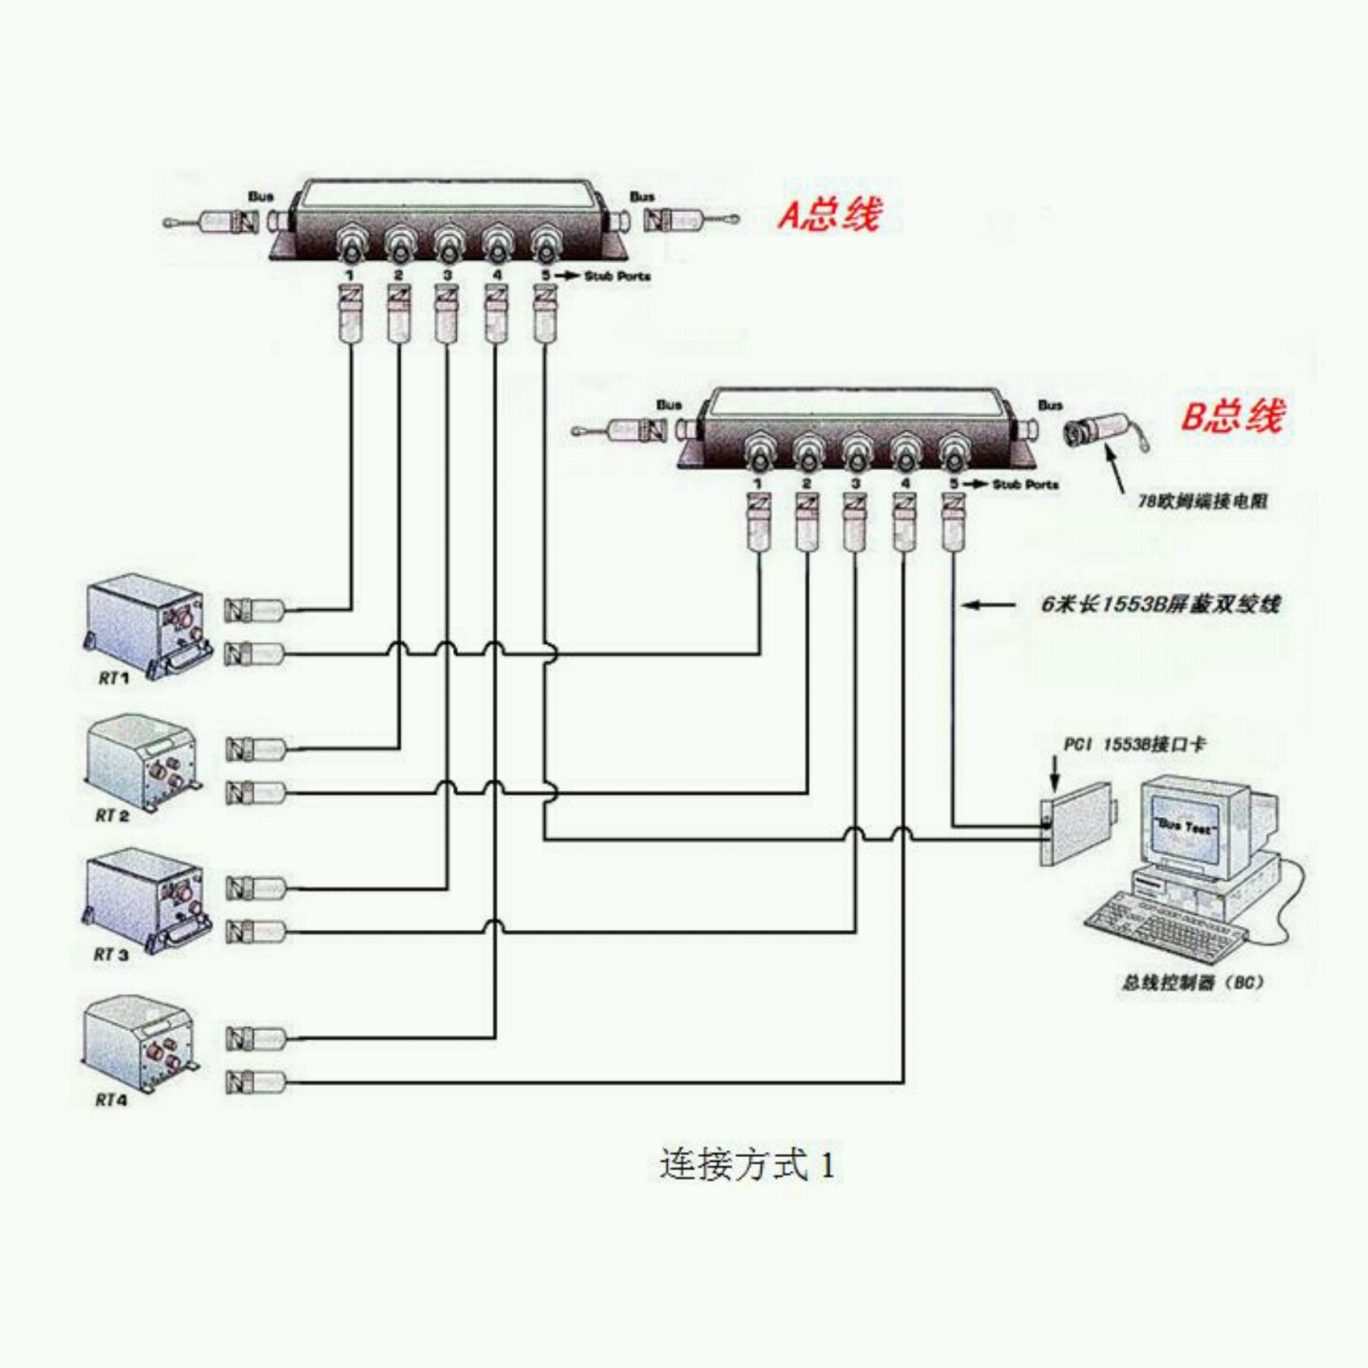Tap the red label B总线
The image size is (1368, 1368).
[x=1232, y=416]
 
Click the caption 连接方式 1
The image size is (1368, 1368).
[x=747, y=1165]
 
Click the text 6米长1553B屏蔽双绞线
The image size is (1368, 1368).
[x=1160, y=603]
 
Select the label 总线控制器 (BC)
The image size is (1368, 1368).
[x=1193, y=982]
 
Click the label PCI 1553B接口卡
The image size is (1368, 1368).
[x=1134, y=744]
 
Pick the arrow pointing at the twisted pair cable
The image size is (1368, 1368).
[x=988, y=603]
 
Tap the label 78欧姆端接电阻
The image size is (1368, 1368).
[x=1203, y=501]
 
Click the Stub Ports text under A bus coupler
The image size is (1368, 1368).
[x=617, y=276]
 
